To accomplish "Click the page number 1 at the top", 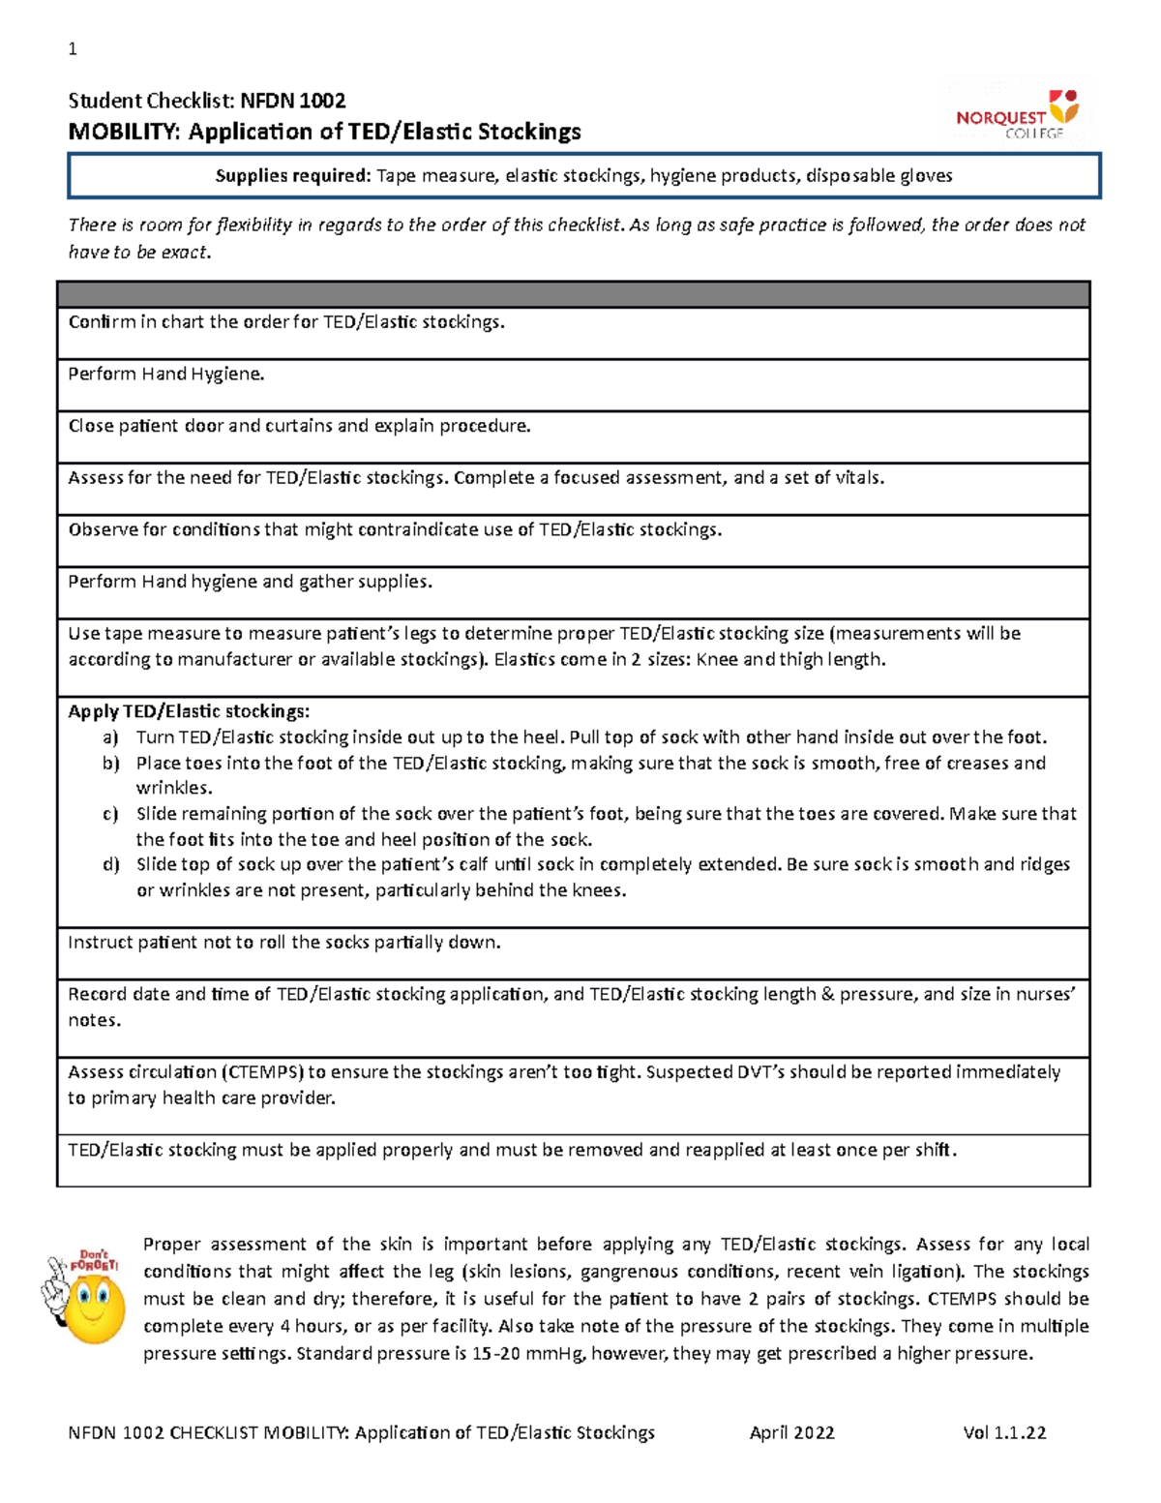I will pos(73,49).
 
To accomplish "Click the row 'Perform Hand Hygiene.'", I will pos(165,375).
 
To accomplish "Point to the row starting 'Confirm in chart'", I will pos(285,322).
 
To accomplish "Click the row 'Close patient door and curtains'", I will pos(299,426).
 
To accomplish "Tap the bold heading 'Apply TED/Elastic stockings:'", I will pos(189,711).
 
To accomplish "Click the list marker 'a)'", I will pos(111,737).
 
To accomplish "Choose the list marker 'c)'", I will pos(111,814).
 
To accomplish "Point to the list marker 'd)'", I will pos(111,865).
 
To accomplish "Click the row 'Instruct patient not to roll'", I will pos(283,943).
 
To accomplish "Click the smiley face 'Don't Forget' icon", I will pos(85,1296).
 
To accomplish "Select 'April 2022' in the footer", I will pos(791,1433).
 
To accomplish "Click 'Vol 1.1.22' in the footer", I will pos(1004,1433).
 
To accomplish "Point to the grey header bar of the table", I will pos(573,294).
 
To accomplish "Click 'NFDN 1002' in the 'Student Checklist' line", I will pos(292,101).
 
